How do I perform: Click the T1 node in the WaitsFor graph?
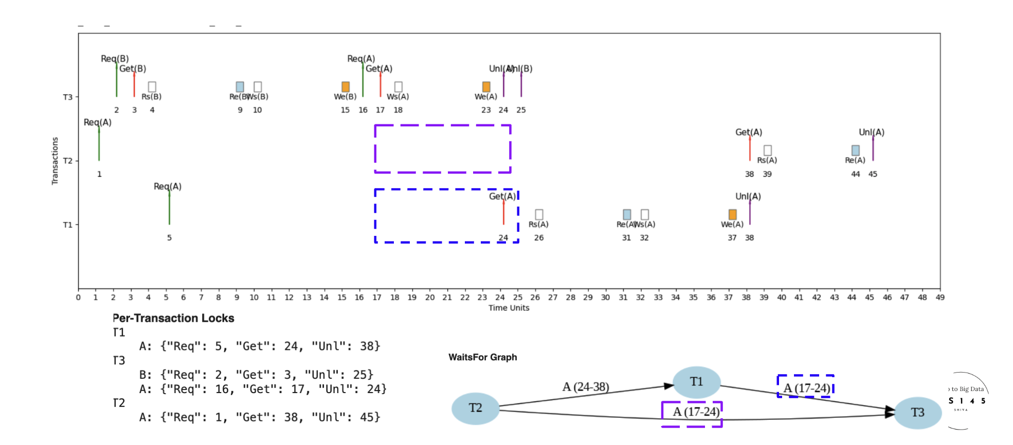click(696, 382)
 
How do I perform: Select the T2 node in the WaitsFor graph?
click(475, 409)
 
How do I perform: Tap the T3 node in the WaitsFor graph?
click(917, 413)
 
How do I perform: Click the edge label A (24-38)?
click(586, 386)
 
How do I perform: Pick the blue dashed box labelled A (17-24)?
click(806, 386)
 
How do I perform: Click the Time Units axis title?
click(509, 308)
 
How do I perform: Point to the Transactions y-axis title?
click(55, 161)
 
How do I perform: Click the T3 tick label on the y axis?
click(68, 97)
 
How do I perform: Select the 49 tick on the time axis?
click(940, 298)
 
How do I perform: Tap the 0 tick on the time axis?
click(78, 298)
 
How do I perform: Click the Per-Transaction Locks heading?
click(174, 319)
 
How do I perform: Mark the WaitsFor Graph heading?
click(483, 357)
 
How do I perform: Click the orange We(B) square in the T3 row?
click(346, 87)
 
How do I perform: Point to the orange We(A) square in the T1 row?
click(732, 214)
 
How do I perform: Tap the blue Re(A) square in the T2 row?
click(855, 150)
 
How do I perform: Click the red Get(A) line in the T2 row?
click(750, 149)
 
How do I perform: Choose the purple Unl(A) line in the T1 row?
click(750, 212)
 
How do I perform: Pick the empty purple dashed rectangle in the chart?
click(443, 149)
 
